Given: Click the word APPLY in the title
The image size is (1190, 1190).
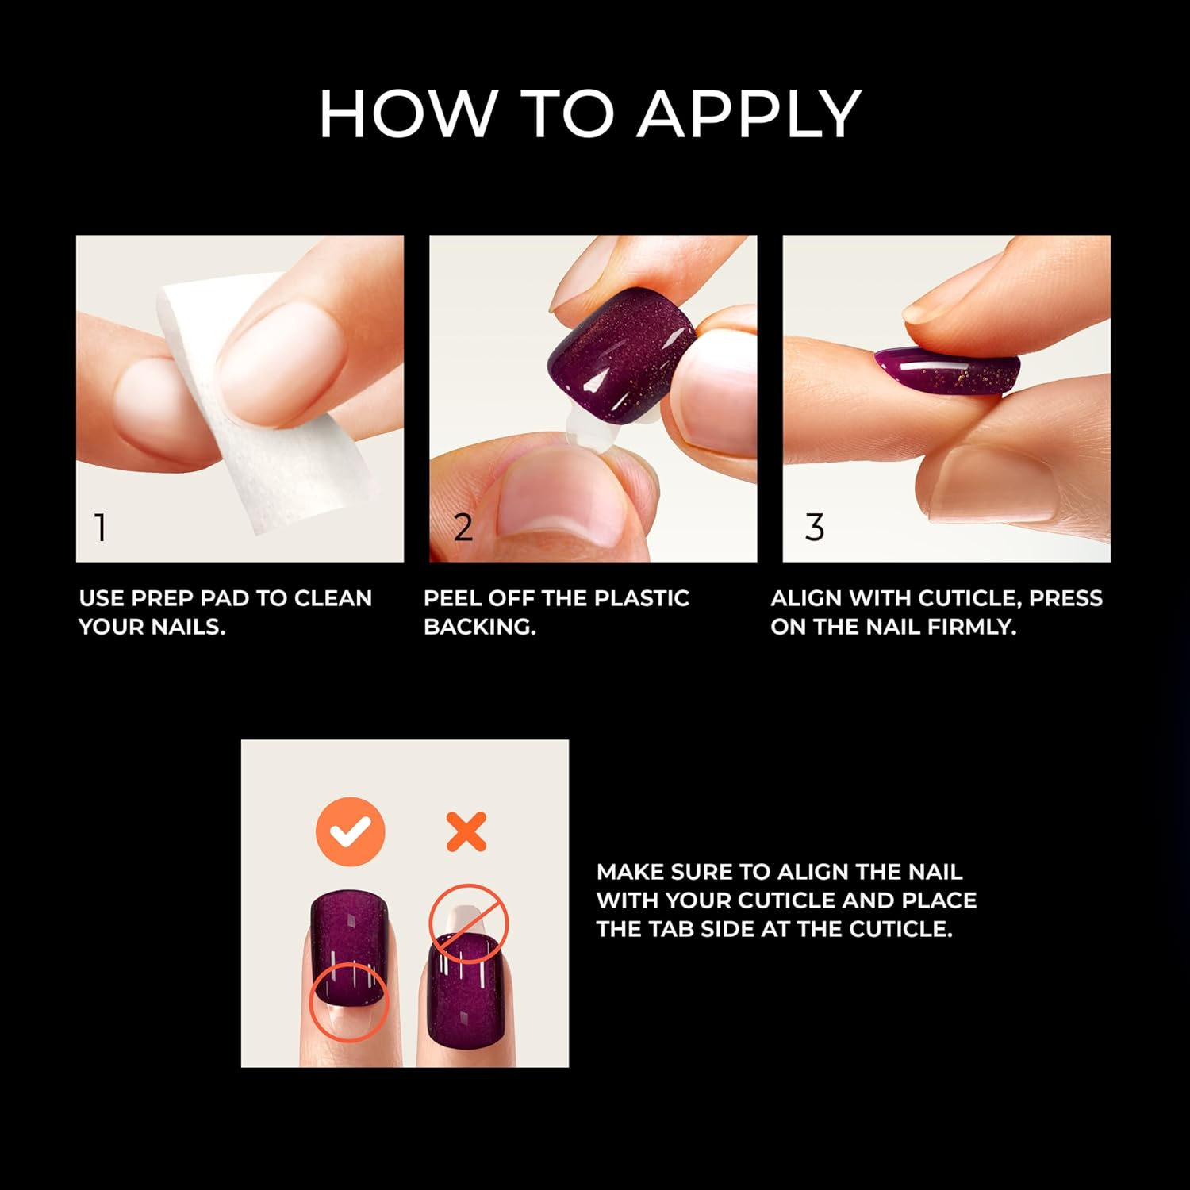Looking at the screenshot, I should (750, 113).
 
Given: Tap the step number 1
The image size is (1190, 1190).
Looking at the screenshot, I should (100, 527).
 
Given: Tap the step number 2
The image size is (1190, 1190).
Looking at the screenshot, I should (463, 527).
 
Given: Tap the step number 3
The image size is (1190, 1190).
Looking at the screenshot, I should (815, 527).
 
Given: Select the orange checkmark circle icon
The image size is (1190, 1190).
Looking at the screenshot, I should (350, 832).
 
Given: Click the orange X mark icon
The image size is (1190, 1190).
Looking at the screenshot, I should (466, 832).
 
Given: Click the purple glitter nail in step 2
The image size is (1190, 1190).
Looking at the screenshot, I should (619, 357).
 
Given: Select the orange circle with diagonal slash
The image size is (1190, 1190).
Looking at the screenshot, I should (469, 924).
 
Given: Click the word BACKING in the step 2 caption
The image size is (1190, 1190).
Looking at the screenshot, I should (479, 627).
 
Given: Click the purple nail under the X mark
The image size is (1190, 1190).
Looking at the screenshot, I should (463, 992).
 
